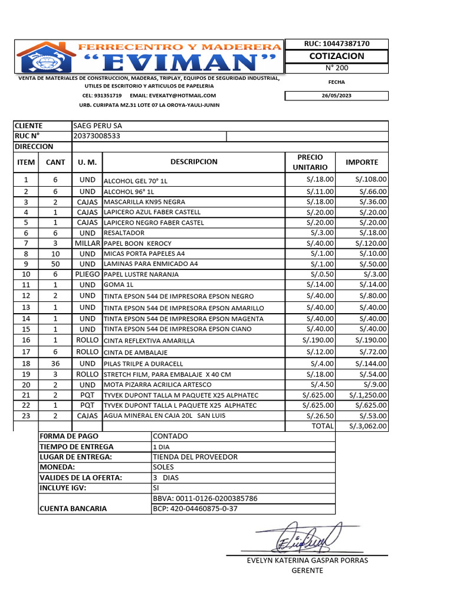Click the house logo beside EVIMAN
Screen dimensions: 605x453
(x=45, y=57)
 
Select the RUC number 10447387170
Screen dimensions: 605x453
(x=337, y=44)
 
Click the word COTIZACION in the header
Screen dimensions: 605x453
(x=337, y=56)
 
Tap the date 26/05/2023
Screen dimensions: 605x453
(x=337, y=96)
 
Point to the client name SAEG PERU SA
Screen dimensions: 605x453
(x=97, y=126)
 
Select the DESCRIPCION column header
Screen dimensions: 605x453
(x=194, y=162)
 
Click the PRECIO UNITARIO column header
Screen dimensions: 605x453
(x=310, y=162)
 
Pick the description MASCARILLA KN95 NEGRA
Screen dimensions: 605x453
(x=144, y=201)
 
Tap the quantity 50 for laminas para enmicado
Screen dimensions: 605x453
(x=55, y=264)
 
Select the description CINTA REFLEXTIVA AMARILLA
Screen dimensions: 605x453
(x=149, y=341)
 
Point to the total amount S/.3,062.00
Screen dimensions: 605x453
(x=367, y=425)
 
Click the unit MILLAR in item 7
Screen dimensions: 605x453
(x=87, y=243)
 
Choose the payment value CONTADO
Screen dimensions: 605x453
(x=170, y=436)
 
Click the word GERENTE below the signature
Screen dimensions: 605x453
(x=307, y=571)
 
